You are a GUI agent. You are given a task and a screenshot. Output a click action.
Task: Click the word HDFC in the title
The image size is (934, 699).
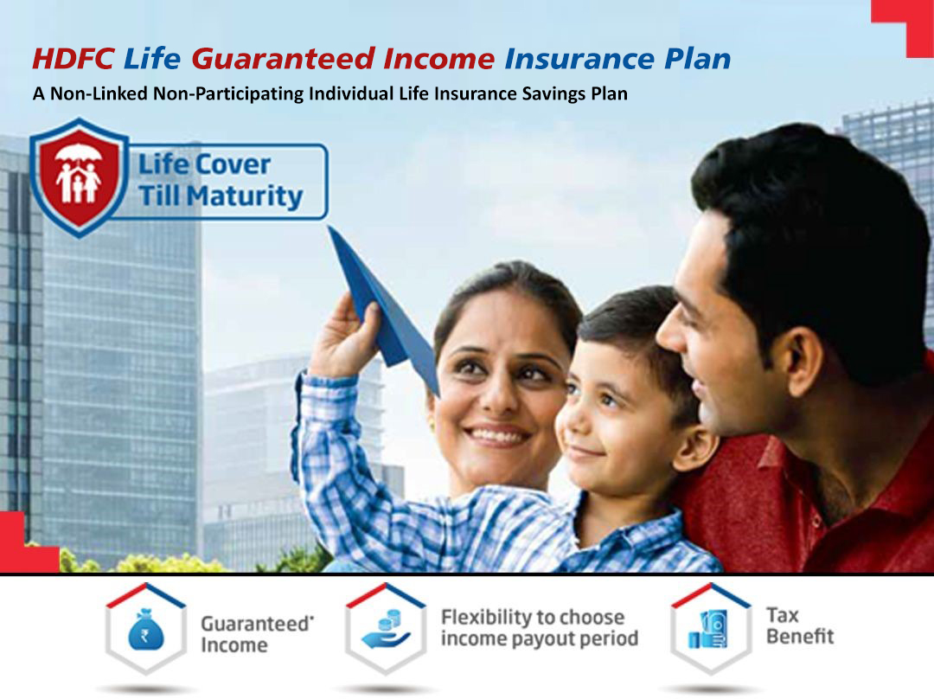pos(74,59)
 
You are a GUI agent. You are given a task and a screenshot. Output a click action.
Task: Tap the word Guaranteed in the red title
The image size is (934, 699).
pos(283,59)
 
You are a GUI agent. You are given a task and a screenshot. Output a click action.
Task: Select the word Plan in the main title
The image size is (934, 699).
pos(697,59)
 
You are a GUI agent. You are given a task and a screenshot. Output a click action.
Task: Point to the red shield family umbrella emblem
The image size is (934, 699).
pos(79,177)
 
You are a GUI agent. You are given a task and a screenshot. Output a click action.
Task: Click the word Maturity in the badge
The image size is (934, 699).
pos(244,196)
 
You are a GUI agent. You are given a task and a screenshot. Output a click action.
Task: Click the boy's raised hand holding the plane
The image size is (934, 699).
pos(344,337)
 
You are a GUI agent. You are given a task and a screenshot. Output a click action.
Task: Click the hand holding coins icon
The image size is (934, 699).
pos(387,629)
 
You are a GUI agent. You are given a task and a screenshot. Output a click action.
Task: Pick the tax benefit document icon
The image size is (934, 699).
pos(709,629)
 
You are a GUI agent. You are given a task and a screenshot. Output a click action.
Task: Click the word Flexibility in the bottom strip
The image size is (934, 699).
pos(485,618)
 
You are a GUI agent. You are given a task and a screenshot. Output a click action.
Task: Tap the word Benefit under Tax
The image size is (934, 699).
pos(800,637)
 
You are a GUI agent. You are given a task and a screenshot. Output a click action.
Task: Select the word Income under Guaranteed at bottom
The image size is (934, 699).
pos(234,645)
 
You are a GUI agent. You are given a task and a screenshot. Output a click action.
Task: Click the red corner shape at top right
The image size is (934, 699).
pos(902,27)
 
